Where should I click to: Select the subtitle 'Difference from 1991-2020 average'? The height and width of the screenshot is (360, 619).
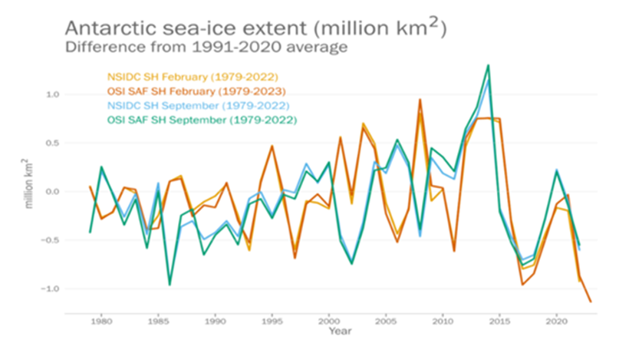tap(206, 48)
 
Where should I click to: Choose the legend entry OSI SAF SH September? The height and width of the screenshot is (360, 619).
tap(201, 121)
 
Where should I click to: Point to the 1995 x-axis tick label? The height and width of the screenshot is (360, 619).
tap(272, 322)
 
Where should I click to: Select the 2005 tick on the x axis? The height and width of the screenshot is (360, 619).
tap(386, 322)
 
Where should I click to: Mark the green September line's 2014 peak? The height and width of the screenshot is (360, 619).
tap(489, 66)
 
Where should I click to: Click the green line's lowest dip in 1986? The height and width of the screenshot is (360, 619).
tap(170, 285)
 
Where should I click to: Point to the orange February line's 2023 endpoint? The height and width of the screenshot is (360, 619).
tap(591, 302)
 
